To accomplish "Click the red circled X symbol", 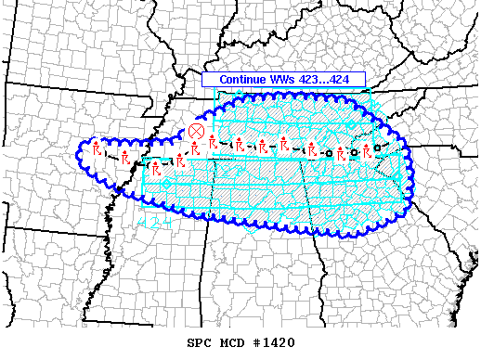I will tap(196, 131).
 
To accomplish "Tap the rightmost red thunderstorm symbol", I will tap(367, 150).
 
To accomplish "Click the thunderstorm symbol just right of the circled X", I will tap(214, 145).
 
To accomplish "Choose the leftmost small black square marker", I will tap(328, 151).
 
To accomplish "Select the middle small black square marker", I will tap(354, 152).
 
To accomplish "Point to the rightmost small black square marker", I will tap(377, 147).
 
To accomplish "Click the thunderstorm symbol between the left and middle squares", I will tap(341, 153).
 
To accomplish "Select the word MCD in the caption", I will tap(232, 343).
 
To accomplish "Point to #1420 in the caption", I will tap(275, 343).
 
